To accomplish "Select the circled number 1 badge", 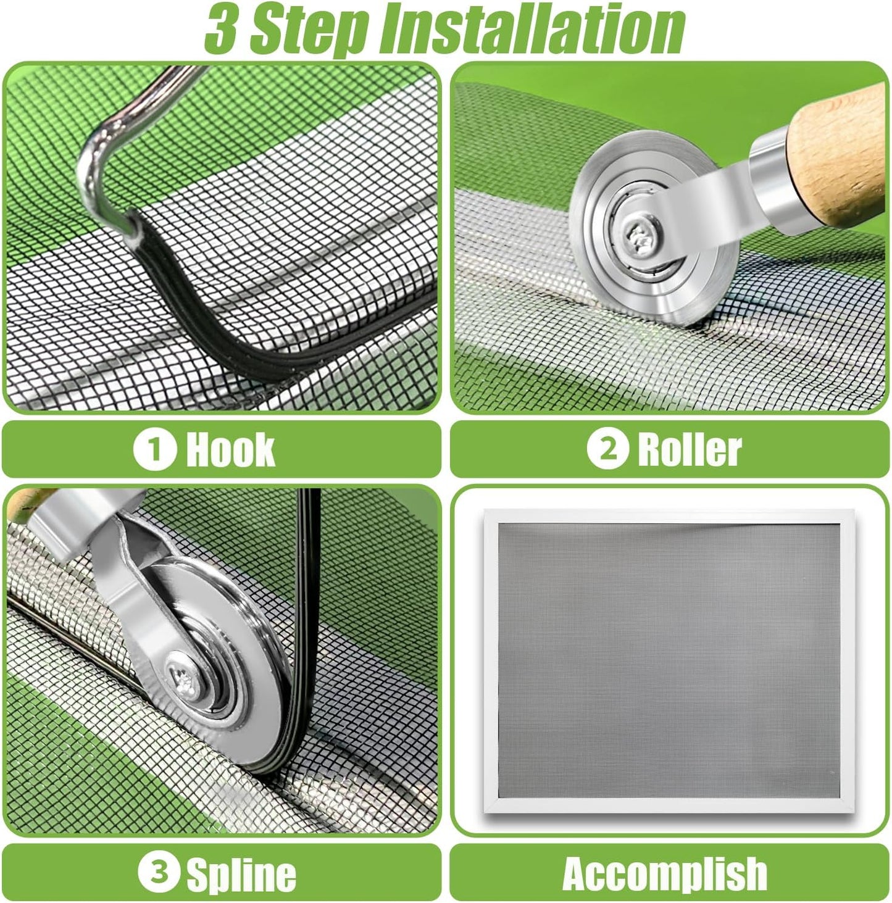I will [154, 449].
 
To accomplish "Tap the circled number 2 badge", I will [607, 449].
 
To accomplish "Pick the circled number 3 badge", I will [159, 873].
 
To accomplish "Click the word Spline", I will [241, 874].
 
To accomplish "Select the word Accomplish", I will [665, 873].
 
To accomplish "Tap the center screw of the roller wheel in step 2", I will [636, 234].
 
